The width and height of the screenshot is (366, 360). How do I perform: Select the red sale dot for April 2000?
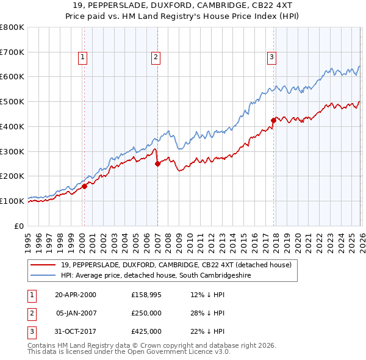click(x=85, y=187)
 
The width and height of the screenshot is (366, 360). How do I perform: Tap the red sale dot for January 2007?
click(x=157, y=164)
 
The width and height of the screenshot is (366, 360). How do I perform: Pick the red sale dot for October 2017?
click(x=273, y=120)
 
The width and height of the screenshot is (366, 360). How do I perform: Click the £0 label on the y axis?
click(x=20, y=226)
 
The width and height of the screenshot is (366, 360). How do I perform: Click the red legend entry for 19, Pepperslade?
click(x=176, y=265)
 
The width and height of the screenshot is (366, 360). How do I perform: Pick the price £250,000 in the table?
click(x=146, y=313)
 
